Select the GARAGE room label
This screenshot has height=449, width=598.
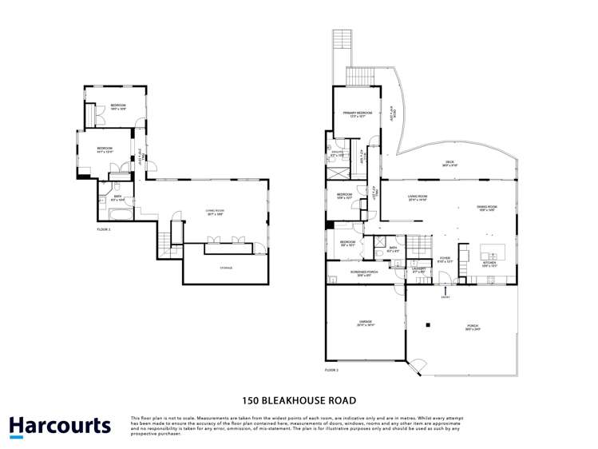(364, 323)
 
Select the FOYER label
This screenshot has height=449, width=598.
(445, 258)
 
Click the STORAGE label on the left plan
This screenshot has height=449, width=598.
(227, 268)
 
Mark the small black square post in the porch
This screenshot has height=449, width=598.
(428, 325)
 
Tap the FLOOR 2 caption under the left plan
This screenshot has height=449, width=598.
(103, 229)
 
